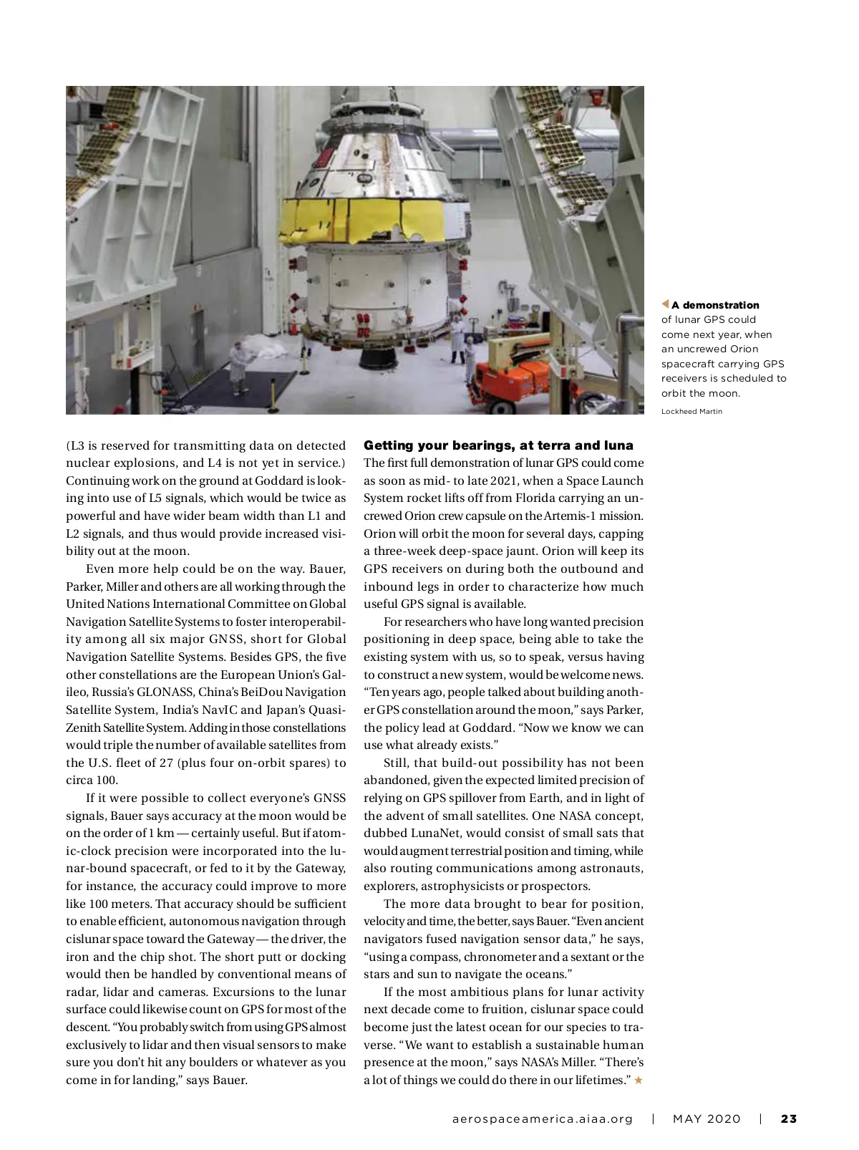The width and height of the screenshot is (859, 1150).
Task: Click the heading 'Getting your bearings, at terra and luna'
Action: (498, 445)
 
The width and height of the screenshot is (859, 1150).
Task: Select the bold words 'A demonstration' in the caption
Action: (714, 305)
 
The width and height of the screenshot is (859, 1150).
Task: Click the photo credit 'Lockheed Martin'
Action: (691, 412)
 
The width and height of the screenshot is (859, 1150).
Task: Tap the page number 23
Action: (788, 1118)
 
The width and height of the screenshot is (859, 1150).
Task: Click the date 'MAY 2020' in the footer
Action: (707, 1118)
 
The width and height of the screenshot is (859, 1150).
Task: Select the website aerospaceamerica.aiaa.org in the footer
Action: (543, 1118)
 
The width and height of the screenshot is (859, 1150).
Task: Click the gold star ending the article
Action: (639, 1080)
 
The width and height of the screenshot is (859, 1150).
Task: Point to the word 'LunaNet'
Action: (437, 833)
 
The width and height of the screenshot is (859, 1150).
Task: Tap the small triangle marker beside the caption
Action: (665, 305)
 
